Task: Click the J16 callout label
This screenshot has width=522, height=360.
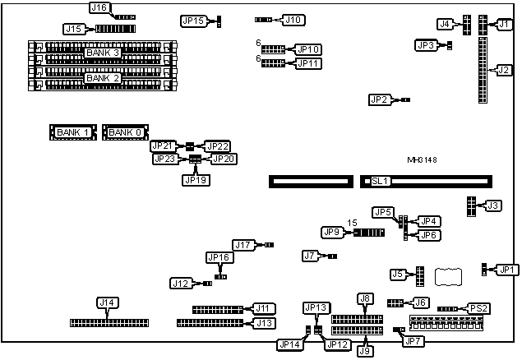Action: tap(99, 7)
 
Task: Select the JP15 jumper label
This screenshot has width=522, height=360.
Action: tap(193, 21)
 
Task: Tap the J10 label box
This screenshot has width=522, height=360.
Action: tap(293, 19)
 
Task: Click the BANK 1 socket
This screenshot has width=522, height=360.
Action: tap(75, 132)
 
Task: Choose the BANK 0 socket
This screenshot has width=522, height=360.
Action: tap(126, 132)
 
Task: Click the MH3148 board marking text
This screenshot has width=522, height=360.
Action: tap(423, 159)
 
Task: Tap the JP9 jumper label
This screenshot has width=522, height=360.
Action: tap(333, 233)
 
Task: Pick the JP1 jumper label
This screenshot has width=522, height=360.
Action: tap(507, 269)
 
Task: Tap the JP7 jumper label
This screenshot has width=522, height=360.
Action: tap(413, 340)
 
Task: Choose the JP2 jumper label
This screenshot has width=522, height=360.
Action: tap(379, 99)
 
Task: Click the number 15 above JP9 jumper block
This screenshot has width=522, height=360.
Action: tap(351, 223)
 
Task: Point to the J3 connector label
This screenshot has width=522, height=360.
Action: tap(492, 205)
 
